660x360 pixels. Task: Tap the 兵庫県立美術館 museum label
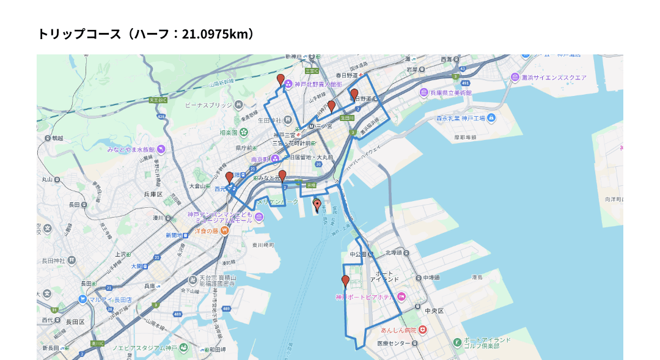coord(452,93)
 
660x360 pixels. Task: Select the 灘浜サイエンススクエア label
coord(554,78)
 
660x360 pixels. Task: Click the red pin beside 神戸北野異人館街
coord(280,79)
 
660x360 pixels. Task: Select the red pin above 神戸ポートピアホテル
coord(345,281)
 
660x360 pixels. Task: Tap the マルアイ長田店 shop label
coord(110,299)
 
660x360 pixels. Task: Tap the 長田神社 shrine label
coord(57,261)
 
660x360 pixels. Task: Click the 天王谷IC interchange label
coord(158,100)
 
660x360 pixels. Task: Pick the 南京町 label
coord(260,160)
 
